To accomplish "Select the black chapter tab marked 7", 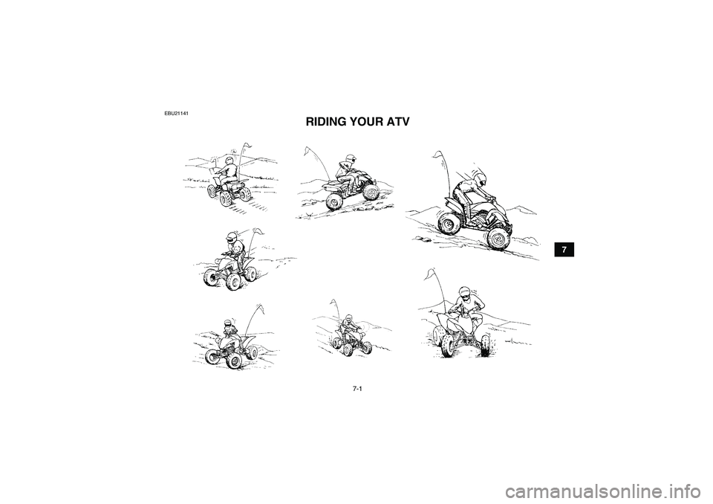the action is pos(564,250).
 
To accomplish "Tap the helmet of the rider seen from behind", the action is pos(229,161).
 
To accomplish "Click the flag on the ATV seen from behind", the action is pos(246,146).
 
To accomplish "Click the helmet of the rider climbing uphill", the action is pos(350,159).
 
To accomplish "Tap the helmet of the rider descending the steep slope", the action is pos(478,177).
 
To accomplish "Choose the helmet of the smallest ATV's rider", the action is pos(349,318).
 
